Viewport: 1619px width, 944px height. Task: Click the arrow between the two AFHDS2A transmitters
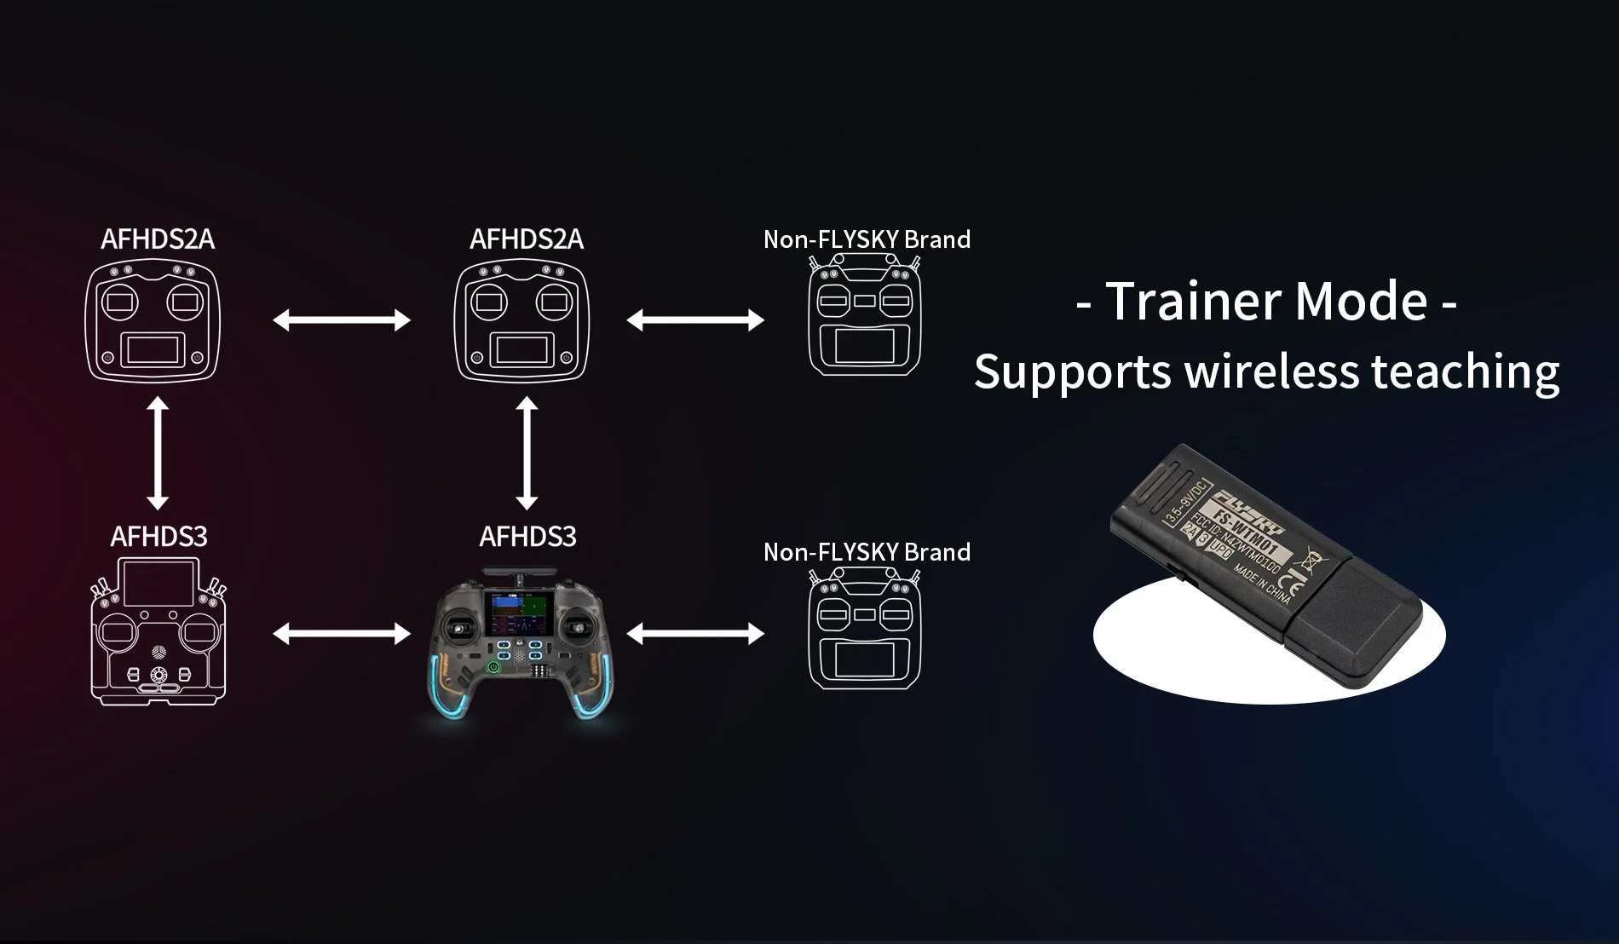[342, 320]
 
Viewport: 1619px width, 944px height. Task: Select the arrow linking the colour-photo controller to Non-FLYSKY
[695, 633]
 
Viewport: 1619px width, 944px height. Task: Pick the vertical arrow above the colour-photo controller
[527, 454]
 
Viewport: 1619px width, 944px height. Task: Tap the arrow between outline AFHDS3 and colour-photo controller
[342, 633]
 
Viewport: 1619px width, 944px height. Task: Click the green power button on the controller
[492, 667]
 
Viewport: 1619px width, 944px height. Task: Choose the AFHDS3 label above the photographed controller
[527, 537]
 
